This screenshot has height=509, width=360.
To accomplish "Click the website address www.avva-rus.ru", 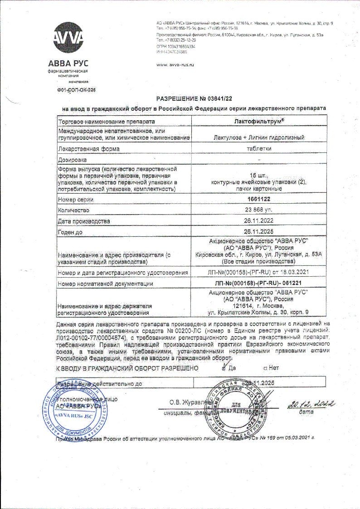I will coord(175,65).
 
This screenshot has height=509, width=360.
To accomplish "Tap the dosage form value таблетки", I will coord(259,148).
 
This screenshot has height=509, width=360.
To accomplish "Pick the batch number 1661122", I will coord(259,200).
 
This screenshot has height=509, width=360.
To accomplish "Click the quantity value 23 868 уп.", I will coord(259,210).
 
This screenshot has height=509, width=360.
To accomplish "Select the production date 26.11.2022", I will coord(259,221).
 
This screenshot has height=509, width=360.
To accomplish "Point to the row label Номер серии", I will coord(76,200).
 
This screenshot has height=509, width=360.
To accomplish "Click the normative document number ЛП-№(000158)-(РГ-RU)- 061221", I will coord(259,284).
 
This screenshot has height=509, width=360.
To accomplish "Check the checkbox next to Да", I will coord(224,367).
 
